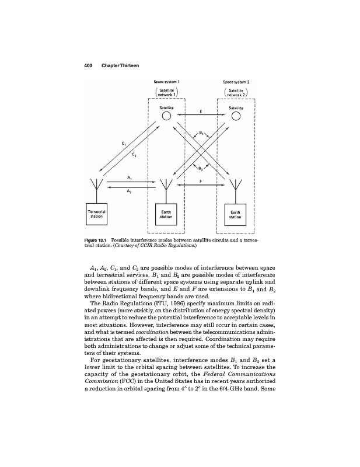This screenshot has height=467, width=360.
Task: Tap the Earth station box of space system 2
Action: coord(236,213)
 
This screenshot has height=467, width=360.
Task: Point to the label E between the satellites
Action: coord(201,110)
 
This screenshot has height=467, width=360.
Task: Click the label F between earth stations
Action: coord(201,181)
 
